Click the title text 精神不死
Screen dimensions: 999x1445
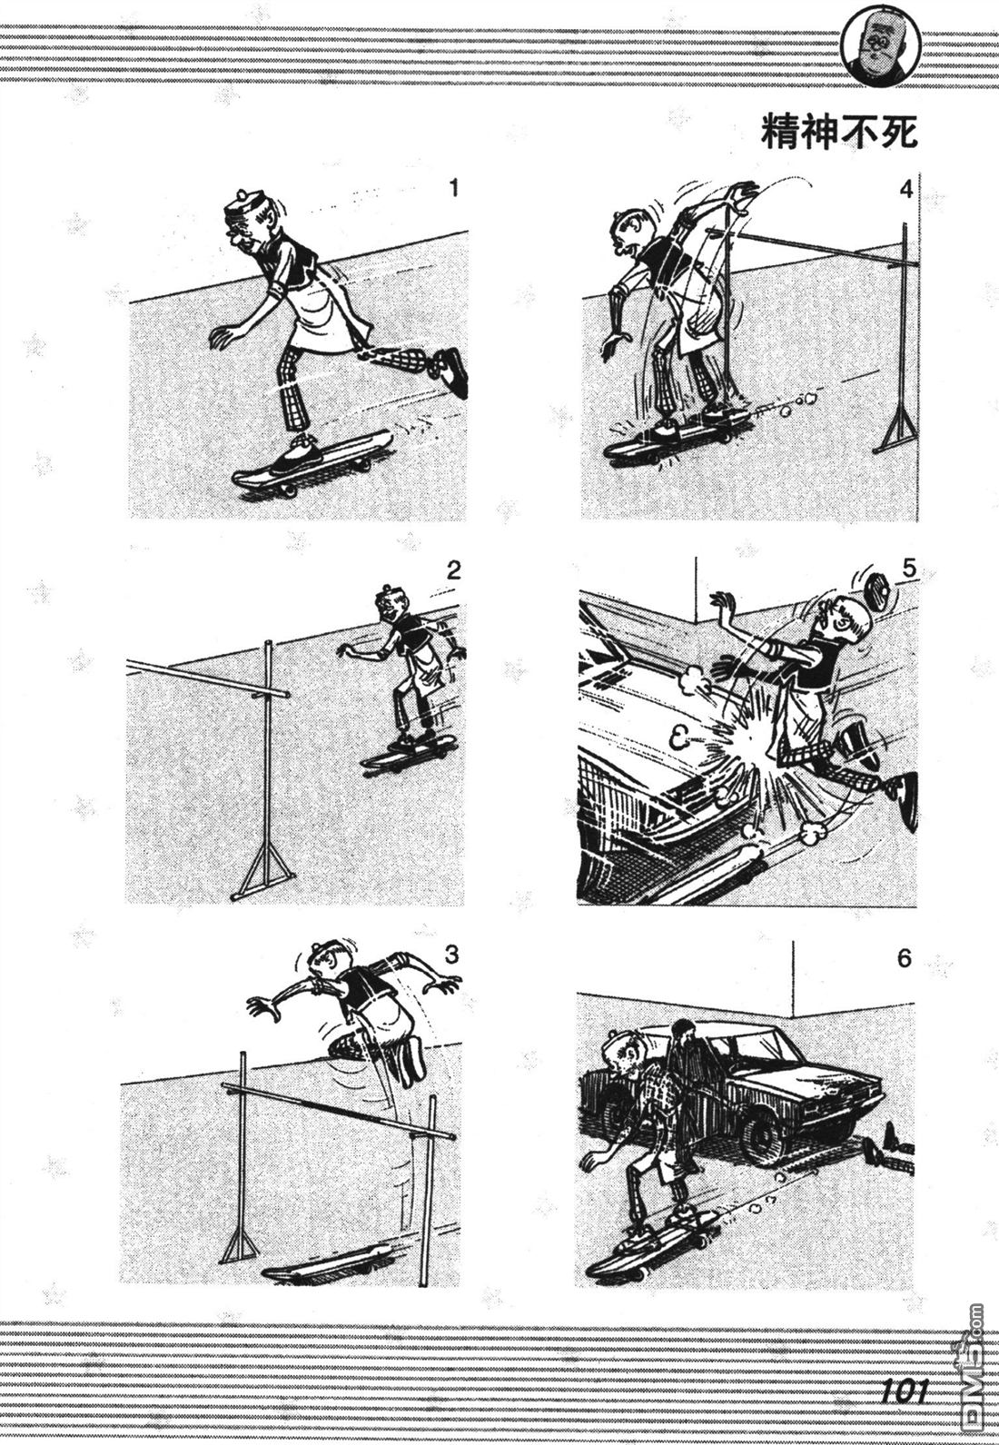[839, 134]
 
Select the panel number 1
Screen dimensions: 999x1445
[454, 188]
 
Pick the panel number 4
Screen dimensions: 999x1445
[906, 191]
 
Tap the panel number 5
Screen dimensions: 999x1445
[908, 569]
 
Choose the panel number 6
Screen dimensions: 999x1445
[905, 959]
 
